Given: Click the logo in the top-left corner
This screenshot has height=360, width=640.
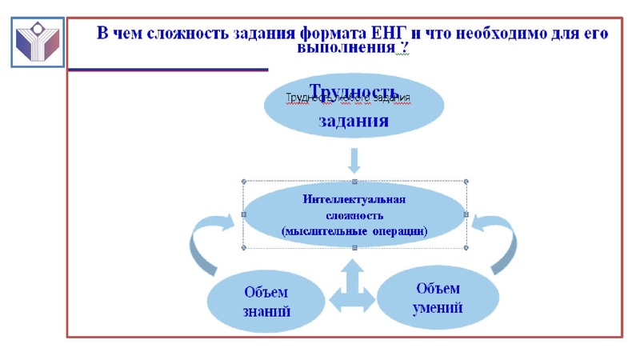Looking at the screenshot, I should [x=38, y=41].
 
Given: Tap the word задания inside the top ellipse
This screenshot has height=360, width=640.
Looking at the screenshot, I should [x=354, y=122].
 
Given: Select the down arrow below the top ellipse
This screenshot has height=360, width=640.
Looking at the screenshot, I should [x=354, y=161].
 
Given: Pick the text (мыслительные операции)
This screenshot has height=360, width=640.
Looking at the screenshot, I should [x=354, y=231].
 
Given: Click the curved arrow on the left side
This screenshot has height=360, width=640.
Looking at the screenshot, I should [x=202, y=243].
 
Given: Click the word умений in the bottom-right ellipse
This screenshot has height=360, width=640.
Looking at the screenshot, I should [x=438, y=307].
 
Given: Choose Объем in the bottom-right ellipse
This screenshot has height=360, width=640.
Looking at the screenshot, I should [x=438, y=288].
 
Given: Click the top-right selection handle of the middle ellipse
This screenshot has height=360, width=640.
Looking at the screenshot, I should [x=466, y=182].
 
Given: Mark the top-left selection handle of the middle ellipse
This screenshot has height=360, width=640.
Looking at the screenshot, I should [x=243, y=182].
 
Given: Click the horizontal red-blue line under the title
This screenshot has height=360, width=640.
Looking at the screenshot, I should [x=167, y=70].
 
